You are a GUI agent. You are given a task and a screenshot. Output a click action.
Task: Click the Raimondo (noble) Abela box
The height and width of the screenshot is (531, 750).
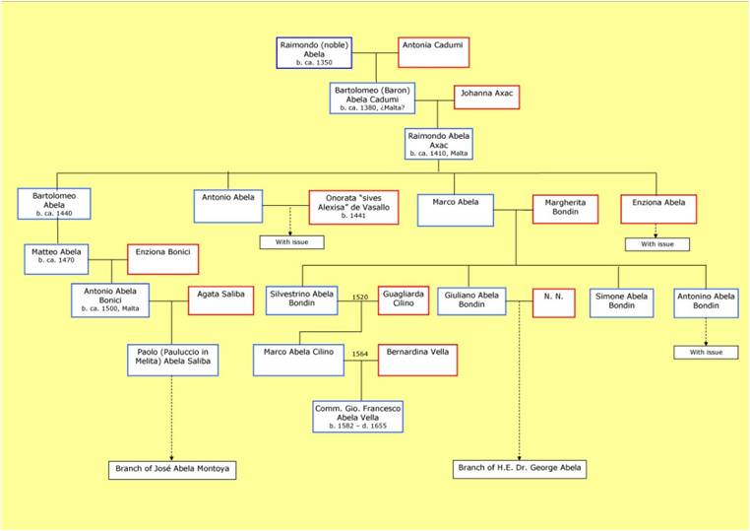coord(314,52)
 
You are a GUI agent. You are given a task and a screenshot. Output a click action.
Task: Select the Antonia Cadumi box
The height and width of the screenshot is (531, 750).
coord(433,52)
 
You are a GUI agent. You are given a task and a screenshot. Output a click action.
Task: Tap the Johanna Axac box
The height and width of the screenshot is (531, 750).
coord(486,98)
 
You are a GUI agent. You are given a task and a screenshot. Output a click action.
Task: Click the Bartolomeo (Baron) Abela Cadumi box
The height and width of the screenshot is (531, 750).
coord(372,99)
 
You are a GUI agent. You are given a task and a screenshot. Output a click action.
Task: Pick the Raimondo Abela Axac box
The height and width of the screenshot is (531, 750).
coord(439,144)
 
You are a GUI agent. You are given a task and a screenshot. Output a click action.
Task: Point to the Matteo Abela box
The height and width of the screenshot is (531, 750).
coord(56,259)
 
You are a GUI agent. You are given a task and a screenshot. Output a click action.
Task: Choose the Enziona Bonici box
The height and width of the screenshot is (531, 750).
coord(162,259)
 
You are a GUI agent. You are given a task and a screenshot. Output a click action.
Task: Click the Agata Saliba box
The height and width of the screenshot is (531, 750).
coord(220,300)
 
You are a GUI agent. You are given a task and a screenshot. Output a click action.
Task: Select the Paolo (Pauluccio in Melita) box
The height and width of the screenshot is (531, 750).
coord(172,360)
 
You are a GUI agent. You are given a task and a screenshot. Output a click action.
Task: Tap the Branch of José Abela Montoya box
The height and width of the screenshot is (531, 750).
coord(172,470)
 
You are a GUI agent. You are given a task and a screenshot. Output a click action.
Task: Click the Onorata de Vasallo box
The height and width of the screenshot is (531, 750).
coord(353,207)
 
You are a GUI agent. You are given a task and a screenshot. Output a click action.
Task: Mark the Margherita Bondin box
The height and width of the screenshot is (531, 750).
coord(565,209)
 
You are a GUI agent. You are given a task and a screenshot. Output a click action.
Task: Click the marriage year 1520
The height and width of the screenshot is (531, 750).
coord(360,297)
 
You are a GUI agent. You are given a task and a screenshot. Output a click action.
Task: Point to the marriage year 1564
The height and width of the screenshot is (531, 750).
coord(360,354)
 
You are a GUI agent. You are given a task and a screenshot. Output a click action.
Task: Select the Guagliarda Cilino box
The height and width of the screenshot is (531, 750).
coord(404,300)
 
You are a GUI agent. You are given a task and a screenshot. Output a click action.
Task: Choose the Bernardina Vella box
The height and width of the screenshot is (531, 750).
coord(417,360)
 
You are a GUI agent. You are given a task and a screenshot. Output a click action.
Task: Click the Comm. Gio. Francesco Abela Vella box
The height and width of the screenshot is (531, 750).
coord(358,417)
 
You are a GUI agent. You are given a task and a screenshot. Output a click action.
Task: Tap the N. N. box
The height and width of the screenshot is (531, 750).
coord(553,302)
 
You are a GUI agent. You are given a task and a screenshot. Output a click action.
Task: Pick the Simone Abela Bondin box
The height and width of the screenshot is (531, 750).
coord(621,302)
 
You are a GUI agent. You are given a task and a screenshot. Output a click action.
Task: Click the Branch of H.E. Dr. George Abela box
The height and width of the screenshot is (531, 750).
coord(520,469)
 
